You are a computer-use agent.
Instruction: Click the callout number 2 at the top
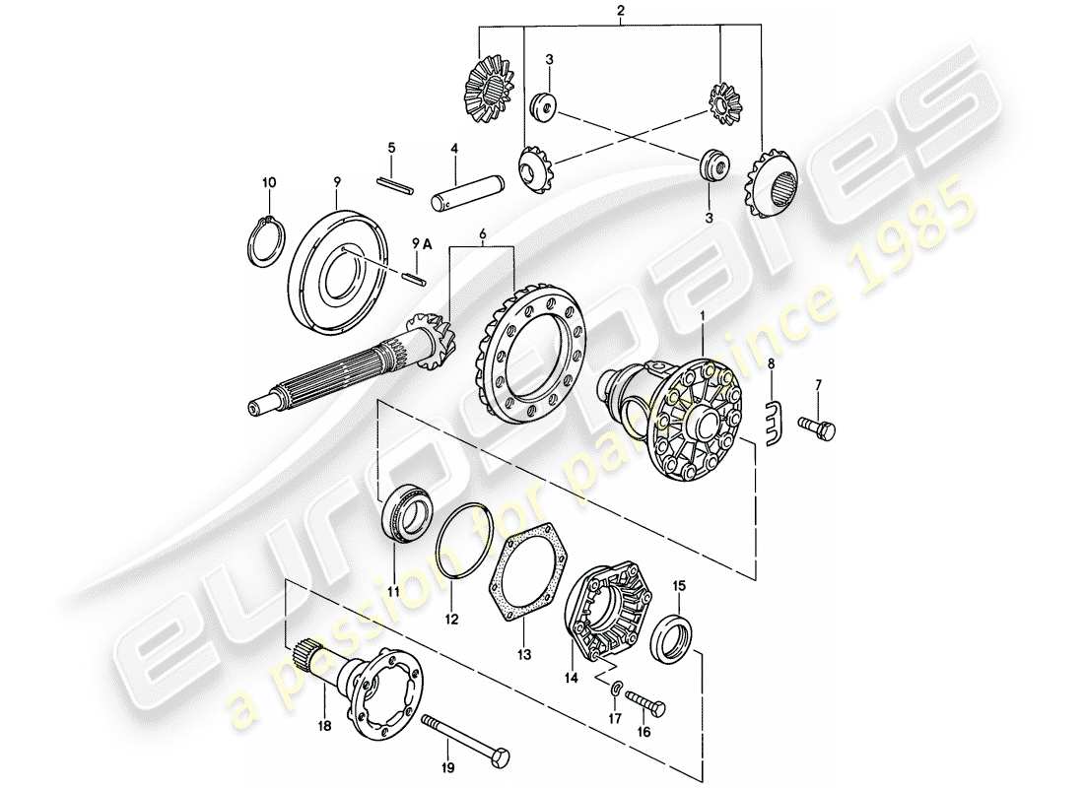(620, 11)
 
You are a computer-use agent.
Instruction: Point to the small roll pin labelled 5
(397, 182)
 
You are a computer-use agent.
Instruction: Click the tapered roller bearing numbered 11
(403, 515)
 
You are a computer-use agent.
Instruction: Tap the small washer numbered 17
(613, 687)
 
